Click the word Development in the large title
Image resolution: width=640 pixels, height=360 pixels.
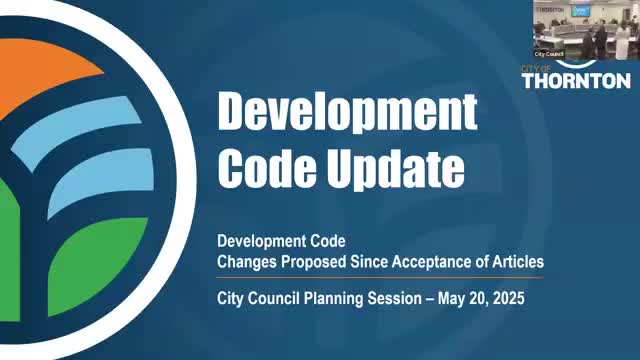coord(347,112)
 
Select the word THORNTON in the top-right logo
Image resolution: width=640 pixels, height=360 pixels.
coord(575,81)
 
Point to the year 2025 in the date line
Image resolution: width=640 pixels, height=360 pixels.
coord(504,298)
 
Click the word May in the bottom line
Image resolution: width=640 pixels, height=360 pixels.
coord(445,298)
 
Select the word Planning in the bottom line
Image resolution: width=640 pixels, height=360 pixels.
coord(333,298)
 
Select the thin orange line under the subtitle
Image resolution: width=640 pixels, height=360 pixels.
coord(380,278)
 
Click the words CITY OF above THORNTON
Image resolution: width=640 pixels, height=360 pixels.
coord(538,67)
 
